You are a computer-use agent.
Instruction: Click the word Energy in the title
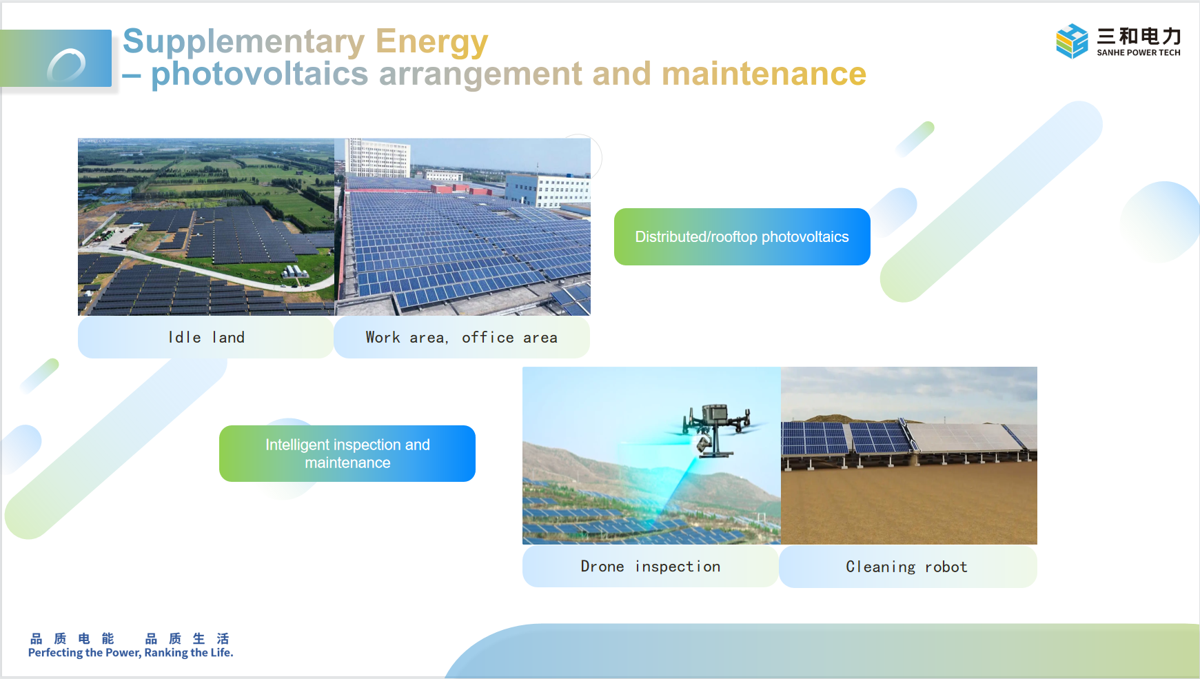click(x=431, y=43)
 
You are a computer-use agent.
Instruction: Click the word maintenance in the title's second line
click(x=764, y=74)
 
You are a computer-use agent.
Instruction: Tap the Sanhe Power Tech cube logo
click(x=1072, y=41)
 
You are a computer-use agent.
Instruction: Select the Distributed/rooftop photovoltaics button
click(x=742, y=236)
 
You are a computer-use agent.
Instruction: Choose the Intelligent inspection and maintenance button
click(x=347, y=454)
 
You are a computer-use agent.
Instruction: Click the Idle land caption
click(x=206, y=337)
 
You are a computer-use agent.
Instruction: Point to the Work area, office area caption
click(x=462, y=337)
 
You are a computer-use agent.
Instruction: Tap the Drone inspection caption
click(x=651, y=567)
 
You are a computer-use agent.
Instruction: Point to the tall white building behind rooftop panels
click(x=378, y=158)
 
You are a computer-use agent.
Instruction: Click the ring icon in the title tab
click(x=66, y=65)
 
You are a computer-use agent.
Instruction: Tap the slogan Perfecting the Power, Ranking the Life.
click(x=131, y=653)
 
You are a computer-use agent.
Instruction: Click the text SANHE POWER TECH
click(x=1139, y=52)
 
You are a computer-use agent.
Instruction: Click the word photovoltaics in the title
click(x=260, y=74)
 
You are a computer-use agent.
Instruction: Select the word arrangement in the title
click(x=481, y=74)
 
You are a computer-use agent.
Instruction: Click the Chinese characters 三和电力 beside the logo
click(x=1139, y=36)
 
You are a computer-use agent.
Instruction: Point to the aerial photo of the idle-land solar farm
click(x=206, y=227)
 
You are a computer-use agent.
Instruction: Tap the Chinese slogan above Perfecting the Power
click(x=130, y=638)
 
